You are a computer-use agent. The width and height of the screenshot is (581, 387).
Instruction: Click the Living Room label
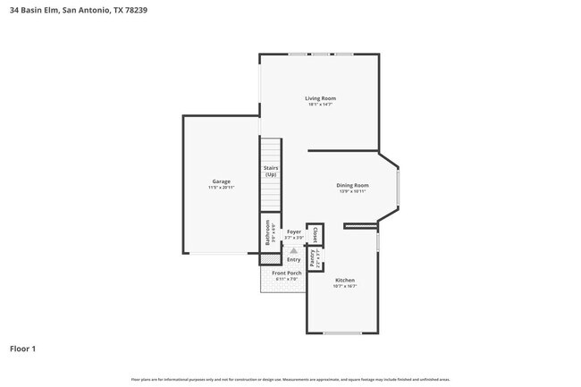pyautogui.click(x=320, y=98)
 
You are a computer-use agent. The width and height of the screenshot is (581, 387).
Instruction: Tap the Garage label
pyautogui.click(x=222, y=181)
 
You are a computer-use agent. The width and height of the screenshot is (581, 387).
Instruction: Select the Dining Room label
pyautogui.click(x=353, y=185)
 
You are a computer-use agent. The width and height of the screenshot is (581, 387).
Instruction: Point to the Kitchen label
pyautogui.click(x=344, y=280)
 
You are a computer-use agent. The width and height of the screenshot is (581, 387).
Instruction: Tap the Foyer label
pyautogui.click(x=293, y=231)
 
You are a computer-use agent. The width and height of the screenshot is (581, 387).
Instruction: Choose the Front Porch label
pyautogui.click(x=287, y=273)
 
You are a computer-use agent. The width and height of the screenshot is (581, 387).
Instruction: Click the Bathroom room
pyautogui.click(x=267, y=233)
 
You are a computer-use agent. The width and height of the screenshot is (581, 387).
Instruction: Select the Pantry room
pyautogui.click(x=313, y=257)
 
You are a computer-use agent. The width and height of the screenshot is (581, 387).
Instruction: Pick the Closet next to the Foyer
pyautogui.click(x=316, y=234)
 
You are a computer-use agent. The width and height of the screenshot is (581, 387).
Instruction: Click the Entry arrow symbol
pyautogui.click(x=293, y=251)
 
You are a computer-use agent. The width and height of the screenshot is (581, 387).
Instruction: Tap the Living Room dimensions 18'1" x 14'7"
pyautogui.click(x=320, y=105)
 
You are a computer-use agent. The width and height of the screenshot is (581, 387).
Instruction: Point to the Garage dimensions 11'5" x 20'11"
pyautogui.click(x=222, y=188)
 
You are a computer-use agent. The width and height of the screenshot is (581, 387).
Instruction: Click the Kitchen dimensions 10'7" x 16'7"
pyautogui.click(x=344, y=286)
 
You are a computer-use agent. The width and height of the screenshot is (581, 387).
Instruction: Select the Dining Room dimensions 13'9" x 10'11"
pyautogui.click(x=353, y=191)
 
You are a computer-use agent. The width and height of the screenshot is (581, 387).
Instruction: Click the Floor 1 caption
pyautogui.click(x=22, y=349)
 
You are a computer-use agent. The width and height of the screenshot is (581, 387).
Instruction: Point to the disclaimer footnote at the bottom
pyautogui.click(x=290, y=379)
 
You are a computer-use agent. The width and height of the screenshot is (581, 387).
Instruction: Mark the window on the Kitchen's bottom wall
pyautogui.click(x=342, y=333)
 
